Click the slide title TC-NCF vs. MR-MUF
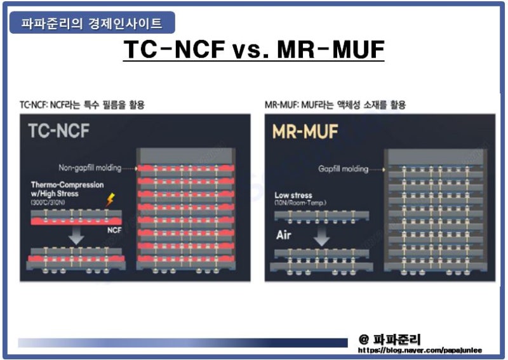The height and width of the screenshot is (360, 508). (254, 50)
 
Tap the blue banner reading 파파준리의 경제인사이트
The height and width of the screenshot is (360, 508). (91, 24)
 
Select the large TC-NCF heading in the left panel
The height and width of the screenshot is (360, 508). (59, 131)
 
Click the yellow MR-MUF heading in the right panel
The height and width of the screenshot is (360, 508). (305, 131)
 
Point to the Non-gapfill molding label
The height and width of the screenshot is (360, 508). (90, 168)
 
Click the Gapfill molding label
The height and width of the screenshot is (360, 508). (343, 169)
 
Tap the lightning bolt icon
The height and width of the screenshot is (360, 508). (110, 200)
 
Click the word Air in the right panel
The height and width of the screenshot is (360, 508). (283, 236)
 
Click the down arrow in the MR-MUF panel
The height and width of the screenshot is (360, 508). (322, 237)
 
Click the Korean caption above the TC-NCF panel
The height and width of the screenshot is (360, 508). (82, 105)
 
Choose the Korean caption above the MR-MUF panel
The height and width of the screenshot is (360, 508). (335, 105)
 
